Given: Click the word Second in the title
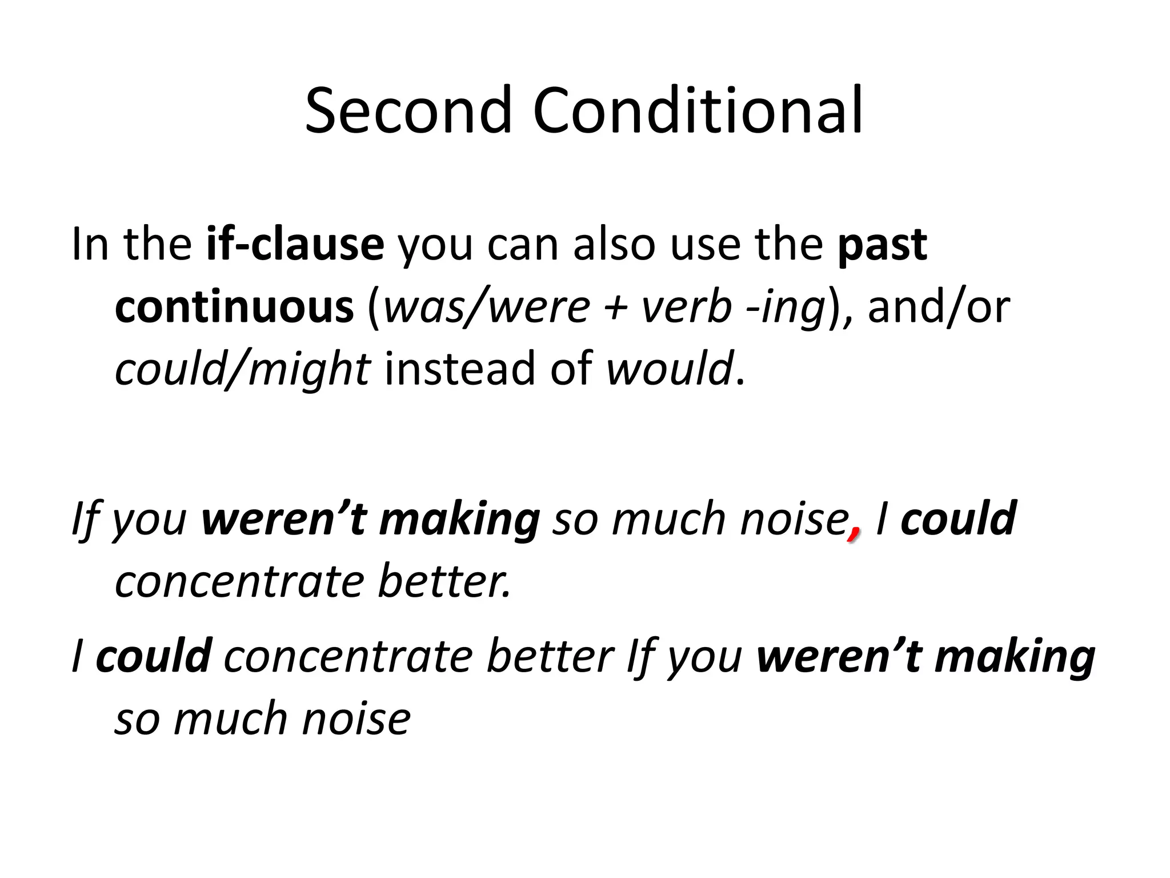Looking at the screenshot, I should [408, 110].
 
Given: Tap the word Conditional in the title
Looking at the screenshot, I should [698, 110].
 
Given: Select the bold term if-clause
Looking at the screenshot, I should [295, 245].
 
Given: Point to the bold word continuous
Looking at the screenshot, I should [234, 307].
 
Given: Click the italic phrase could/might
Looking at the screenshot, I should [243, 370].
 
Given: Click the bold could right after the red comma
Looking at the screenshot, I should [958, 519].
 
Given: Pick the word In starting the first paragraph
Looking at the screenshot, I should [90, 245].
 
